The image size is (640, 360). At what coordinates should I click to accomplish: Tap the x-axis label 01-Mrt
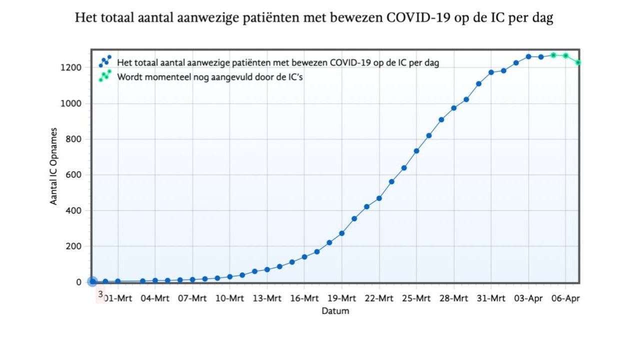(117, 298)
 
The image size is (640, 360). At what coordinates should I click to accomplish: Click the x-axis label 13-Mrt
(267, 298)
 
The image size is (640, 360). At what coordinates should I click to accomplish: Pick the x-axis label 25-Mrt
(416, 298)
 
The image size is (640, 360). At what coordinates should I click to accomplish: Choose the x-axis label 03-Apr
(528, 298)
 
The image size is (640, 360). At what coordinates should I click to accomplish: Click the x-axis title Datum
(335, 311)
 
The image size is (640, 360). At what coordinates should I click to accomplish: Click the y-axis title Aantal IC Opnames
(53, 166)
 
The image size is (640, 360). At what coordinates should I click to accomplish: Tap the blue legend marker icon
(105, 61)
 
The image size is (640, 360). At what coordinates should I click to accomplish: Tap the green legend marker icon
(105, 76)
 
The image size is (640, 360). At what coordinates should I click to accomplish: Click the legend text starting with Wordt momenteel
(210, 77)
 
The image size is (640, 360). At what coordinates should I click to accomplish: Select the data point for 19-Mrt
(342, 233)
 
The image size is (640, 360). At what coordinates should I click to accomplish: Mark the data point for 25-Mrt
(416, 151)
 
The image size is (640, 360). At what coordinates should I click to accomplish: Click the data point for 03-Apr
(528, 56)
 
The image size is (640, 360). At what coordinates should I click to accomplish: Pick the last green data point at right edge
(578, 62)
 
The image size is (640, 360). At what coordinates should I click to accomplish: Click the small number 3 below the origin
(100, 295)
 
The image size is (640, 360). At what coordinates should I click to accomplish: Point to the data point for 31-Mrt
(491, 72)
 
